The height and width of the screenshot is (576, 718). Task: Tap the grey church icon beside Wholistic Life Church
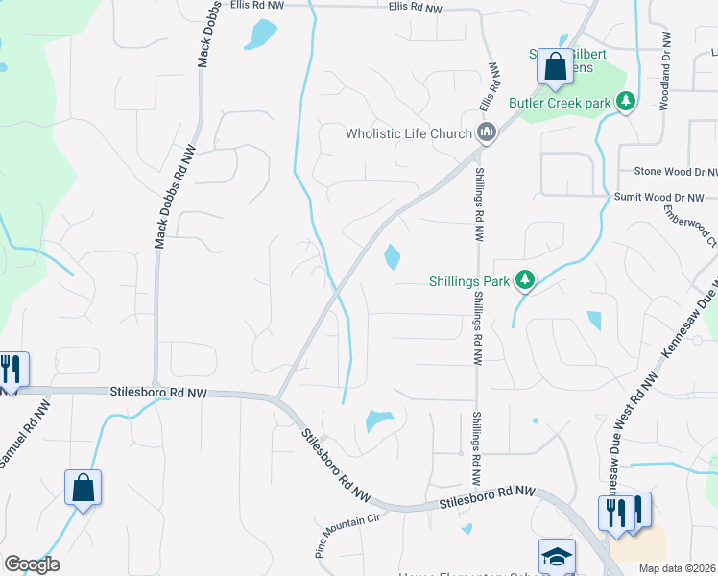click(486, 133)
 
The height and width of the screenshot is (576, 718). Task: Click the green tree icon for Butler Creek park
click(626, 101)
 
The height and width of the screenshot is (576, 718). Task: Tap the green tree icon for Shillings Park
click(524, 280)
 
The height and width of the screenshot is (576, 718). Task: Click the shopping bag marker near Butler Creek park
click(555, 67)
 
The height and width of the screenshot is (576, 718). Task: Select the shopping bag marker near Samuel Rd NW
click(84, 488)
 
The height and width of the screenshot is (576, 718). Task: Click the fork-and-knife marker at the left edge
click(12, 371)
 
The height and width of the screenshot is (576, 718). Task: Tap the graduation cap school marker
click(557, 557)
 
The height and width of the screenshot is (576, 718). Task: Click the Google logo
click(32, 564)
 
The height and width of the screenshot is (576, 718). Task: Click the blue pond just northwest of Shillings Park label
click(393, 257)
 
